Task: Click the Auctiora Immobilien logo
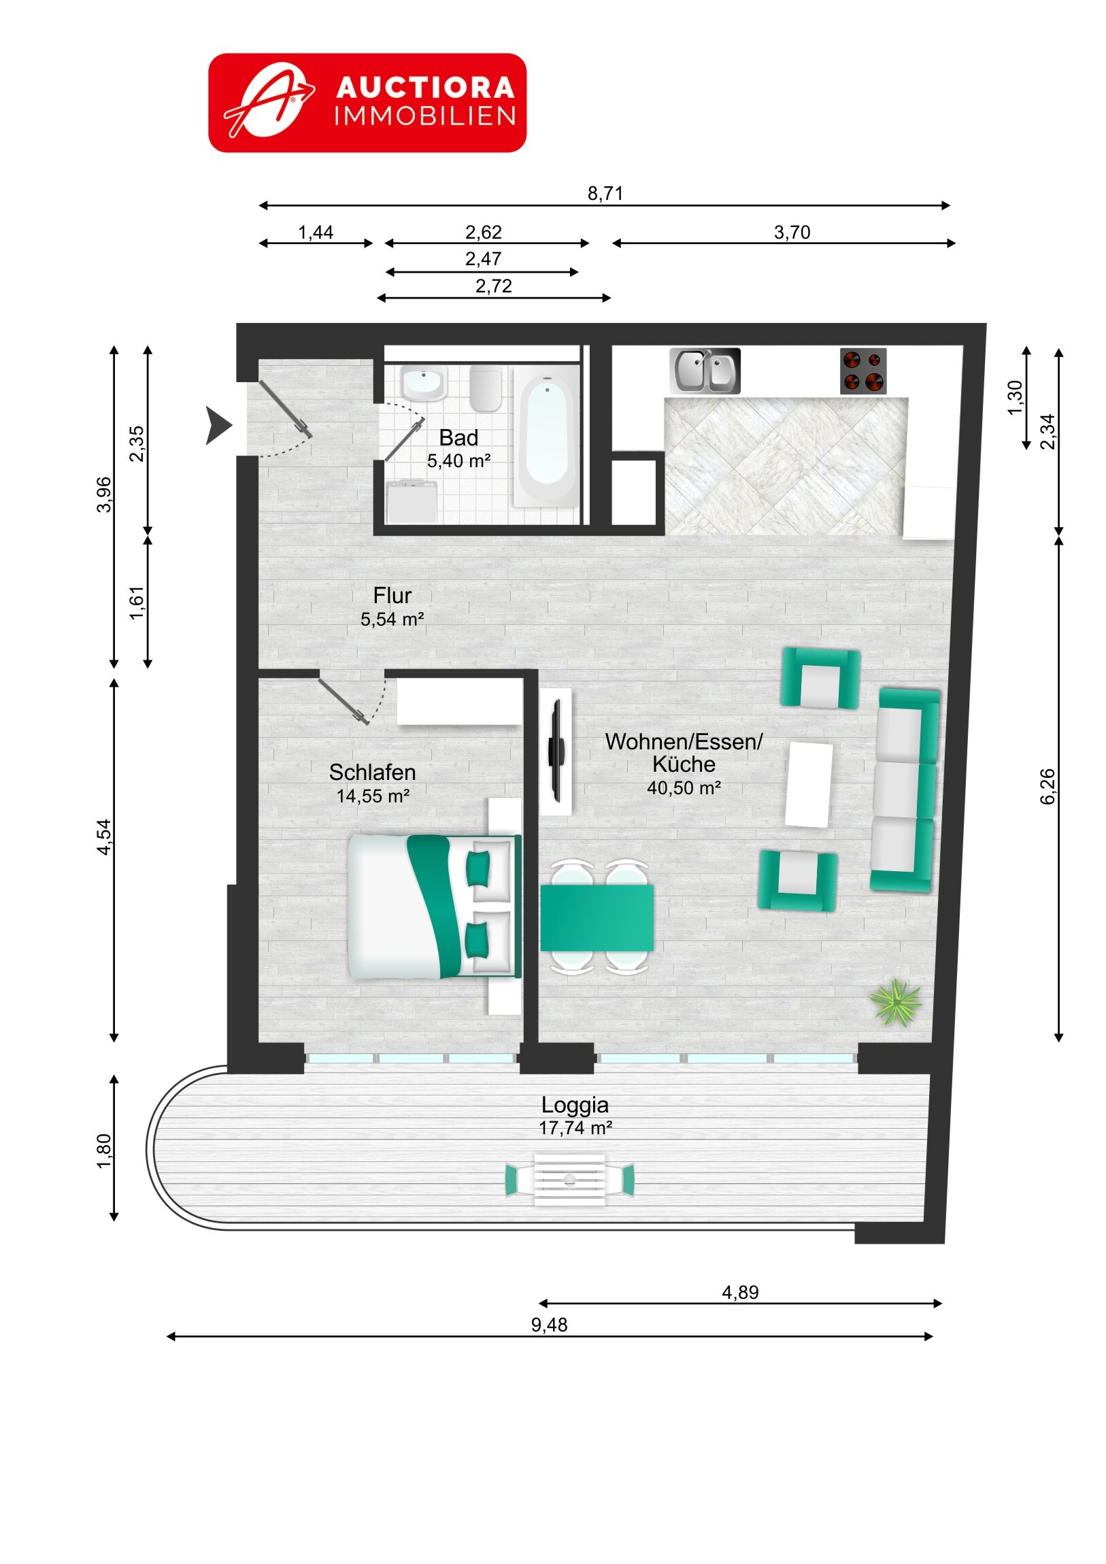click(367, 103)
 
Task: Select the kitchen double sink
click(705, 371)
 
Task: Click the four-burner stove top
click(862, 371)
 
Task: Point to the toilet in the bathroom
click(486, 388)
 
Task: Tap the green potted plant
click(895, 1002)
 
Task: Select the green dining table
click(597, 917)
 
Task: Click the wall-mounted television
click(557, 751)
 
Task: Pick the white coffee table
click(809, 784)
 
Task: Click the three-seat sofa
click(904, 790)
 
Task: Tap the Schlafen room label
click(372, 772)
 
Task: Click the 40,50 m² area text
click(684, 788)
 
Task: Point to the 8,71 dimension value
click(605, 193)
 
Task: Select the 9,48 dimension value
click(549, 1324)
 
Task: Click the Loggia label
click(575, 1105)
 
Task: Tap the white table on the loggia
click(570, 1179)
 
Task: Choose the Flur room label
click(392, 596)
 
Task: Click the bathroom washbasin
click(423, 384)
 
